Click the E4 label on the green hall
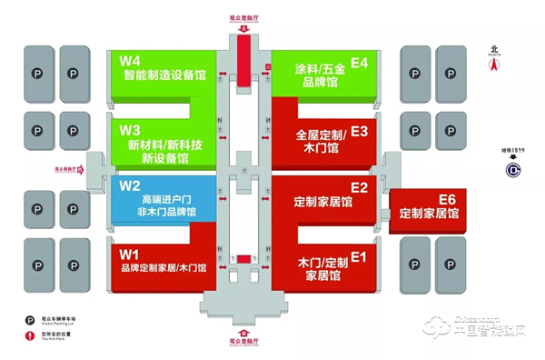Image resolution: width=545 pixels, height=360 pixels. pos(359,62)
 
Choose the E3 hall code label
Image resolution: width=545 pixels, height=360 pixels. pos(359,131)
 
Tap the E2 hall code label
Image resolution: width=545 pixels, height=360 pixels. pos(359,187)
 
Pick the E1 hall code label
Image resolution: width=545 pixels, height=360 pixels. pos(359,255)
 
